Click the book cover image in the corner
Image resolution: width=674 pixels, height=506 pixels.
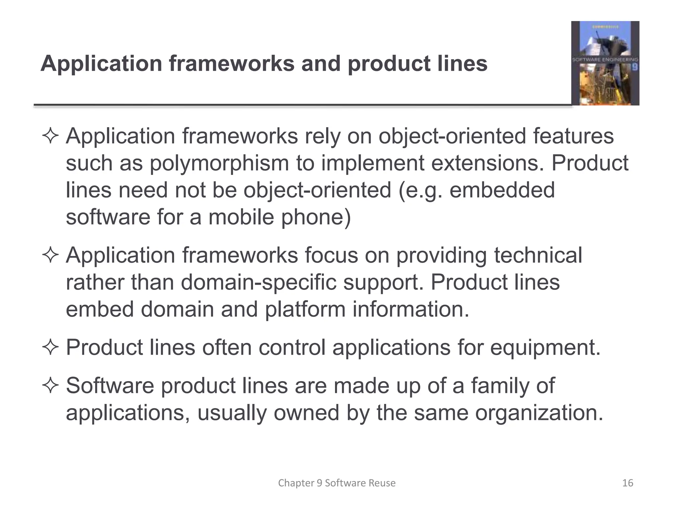pos(605,63)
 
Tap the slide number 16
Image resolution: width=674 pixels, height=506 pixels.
pos(628,483)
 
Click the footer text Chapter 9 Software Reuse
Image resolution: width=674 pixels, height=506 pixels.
pos(337,483)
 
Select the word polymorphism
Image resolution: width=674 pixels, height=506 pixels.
pos(219,164)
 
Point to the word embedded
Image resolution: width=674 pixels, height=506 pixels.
pos(502,190)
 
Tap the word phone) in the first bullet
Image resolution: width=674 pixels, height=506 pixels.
pos(316,217)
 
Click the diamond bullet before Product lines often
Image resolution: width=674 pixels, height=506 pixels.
pos(50,348)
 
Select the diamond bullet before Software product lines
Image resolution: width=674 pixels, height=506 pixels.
pos(50,386)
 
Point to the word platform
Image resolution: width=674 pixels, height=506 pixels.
pos(305,310)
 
